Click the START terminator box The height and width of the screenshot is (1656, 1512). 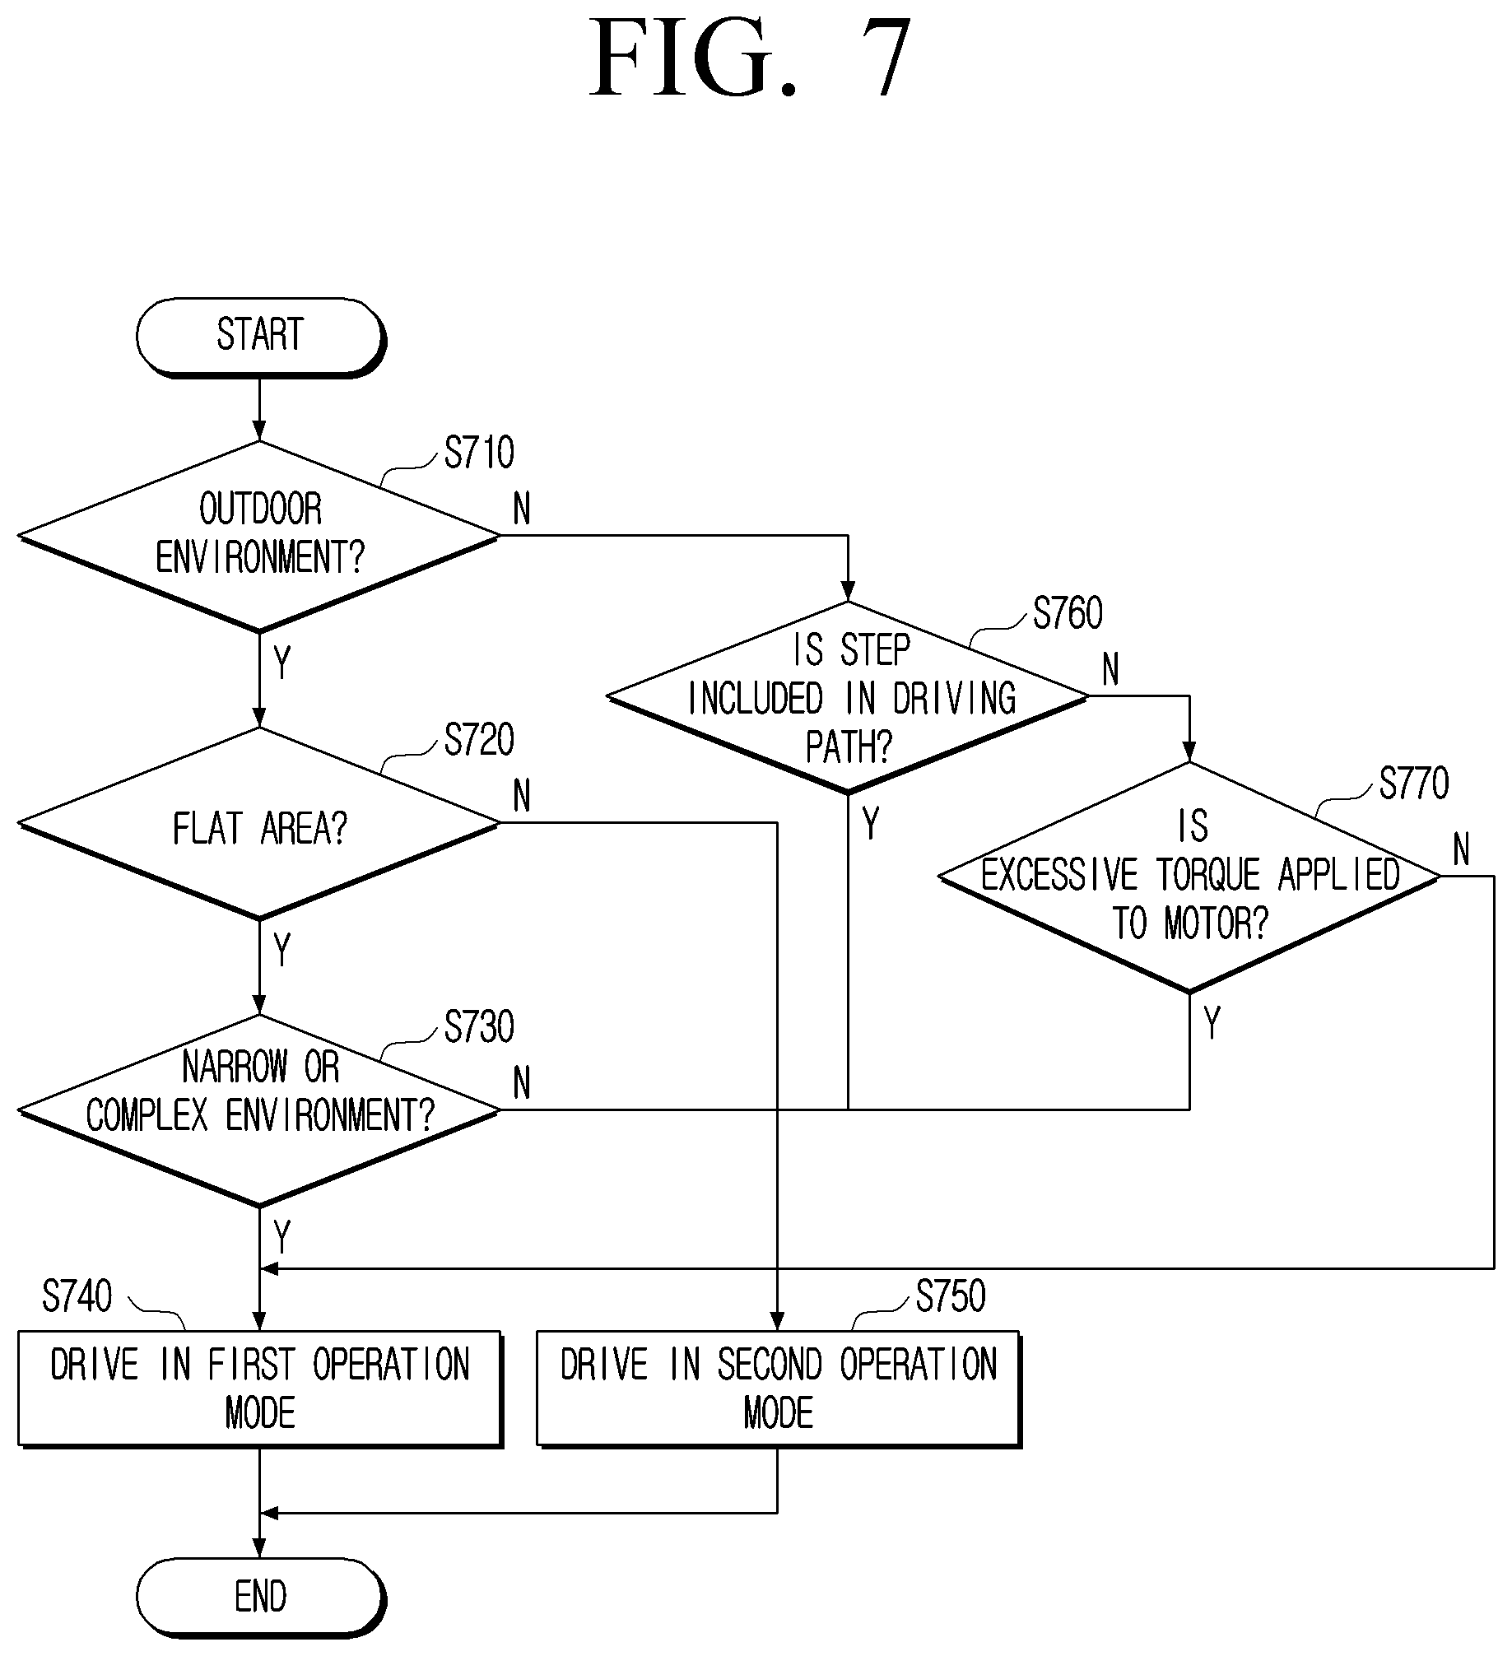[x=260, y=337]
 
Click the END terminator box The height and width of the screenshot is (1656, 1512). [x=260, y=1598]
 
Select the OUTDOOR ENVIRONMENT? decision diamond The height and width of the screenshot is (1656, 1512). [x=259, y=537]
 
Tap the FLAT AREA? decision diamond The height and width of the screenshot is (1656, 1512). [x=259, y=824]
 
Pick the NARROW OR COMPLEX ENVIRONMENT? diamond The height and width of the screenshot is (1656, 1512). [x=259, y=1110]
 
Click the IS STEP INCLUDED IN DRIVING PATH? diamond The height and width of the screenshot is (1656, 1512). [x=849, y=698]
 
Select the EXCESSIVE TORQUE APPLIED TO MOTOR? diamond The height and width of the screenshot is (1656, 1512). [x=1189, y=877]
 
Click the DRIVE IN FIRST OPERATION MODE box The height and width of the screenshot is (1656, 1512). [x=260, y=1389]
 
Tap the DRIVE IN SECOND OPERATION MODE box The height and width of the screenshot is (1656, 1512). [x=779, y=1389]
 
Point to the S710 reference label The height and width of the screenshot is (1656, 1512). [x=479, y=453]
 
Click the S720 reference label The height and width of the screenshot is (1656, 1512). [x=479, y=740]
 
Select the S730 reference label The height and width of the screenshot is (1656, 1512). [x=479, y=1027]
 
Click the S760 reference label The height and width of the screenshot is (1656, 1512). [x=1068, y=613]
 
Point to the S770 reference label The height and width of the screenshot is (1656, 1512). [x=1414, y=784]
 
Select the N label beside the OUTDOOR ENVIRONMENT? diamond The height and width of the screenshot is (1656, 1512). [x=522, y=509]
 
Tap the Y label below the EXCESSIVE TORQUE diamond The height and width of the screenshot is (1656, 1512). [x=1212, y=1023]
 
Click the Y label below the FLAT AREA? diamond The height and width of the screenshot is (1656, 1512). [x=282, y=950]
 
